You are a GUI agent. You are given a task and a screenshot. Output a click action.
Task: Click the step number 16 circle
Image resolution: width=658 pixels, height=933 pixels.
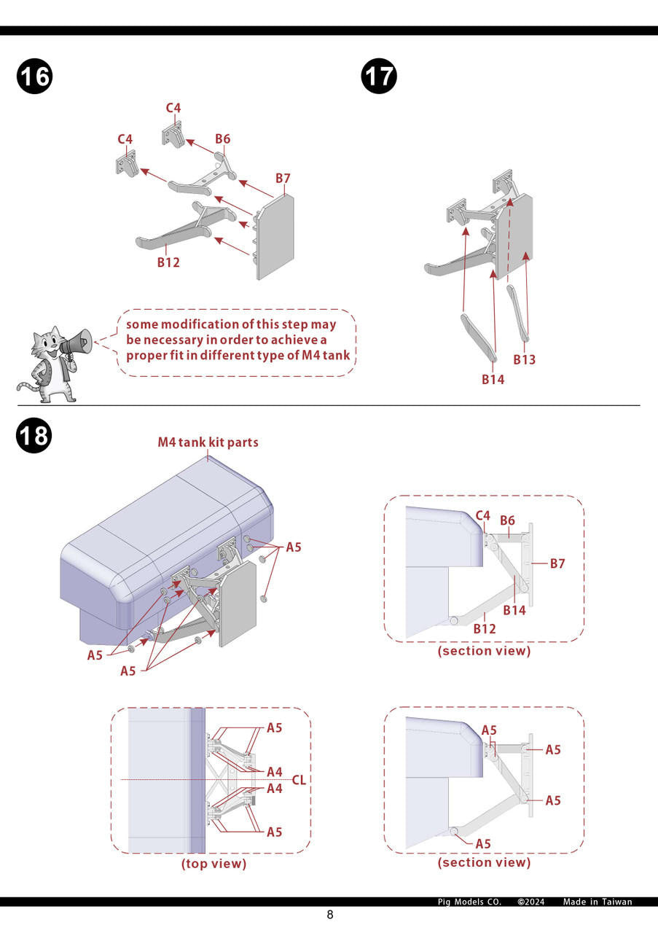point(34,77)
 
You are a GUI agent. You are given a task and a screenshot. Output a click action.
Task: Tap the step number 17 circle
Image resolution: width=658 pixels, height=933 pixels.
point(379,77)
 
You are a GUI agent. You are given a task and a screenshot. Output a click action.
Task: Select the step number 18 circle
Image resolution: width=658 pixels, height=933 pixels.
point(34,436)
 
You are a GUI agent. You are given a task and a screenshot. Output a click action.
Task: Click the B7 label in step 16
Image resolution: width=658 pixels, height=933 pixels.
point(283,179)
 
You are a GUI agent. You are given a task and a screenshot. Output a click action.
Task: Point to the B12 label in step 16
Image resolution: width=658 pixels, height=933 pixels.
point(168,262)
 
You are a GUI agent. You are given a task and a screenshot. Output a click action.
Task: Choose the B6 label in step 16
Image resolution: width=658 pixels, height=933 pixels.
point(222,139)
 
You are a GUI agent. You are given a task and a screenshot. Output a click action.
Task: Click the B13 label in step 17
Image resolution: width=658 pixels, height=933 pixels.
point(524,359)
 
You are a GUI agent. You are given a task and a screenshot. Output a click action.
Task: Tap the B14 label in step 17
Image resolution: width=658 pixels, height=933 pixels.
point(493,379)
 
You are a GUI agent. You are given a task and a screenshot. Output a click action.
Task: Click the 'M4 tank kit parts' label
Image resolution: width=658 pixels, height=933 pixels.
point(208,442)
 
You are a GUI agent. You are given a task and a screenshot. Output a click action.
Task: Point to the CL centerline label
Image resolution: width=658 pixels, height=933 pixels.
point(299,780)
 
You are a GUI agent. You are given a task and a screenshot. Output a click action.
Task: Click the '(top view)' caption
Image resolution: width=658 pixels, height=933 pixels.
point(214,864)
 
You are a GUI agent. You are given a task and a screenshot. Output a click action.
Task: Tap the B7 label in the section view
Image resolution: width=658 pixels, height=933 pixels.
point(558,563)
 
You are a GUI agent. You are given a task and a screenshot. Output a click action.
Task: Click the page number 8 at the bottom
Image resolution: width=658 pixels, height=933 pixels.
point(329,916)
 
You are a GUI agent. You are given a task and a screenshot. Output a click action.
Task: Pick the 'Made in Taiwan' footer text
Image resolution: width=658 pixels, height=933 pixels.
point(598,902)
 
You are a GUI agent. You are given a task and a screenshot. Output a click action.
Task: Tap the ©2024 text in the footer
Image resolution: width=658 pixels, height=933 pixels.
point(531,902)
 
